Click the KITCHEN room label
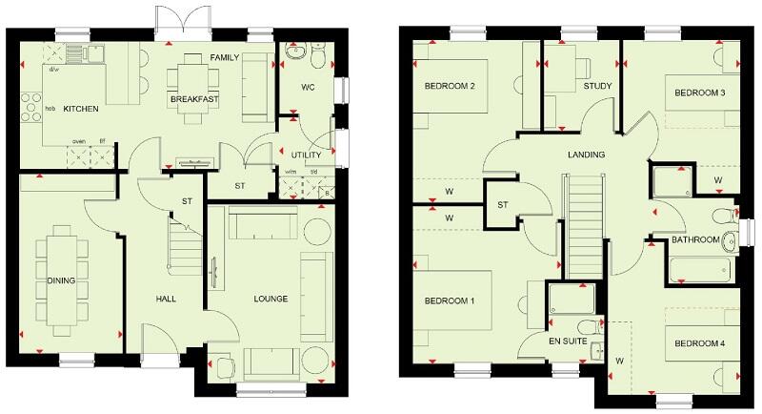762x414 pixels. tap(81, 110)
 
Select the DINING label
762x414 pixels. tap(61, 280)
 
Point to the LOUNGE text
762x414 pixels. tap(271, 300)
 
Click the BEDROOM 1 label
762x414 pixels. tap(450, 301)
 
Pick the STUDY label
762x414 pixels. tap(596, 88)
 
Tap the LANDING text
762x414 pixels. tap(586, 155)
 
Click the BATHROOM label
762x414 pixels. tap(695, 239)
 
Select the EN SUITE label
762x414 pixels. tap(568, 337)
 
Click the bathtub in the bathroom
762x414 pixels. tap(700, 270)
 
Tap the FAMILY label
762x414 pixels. tap(225, 58)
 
